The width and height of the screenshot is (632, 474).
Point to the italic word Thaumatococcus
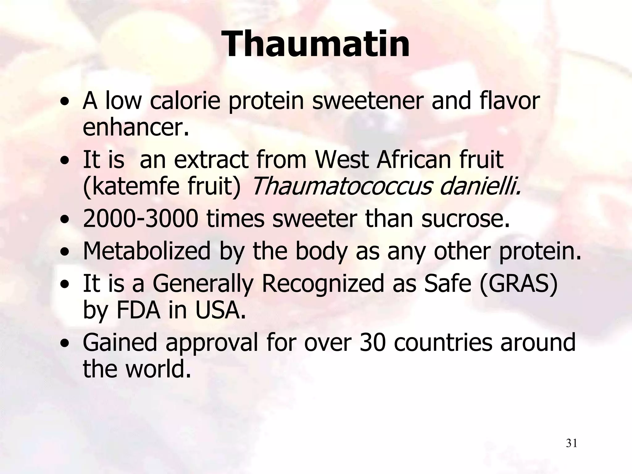[341, 187]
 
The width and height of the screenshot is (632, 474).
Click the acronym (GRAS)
[518, 284]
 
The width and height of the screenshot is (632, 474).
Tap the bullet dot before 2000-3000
[65, 220]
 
